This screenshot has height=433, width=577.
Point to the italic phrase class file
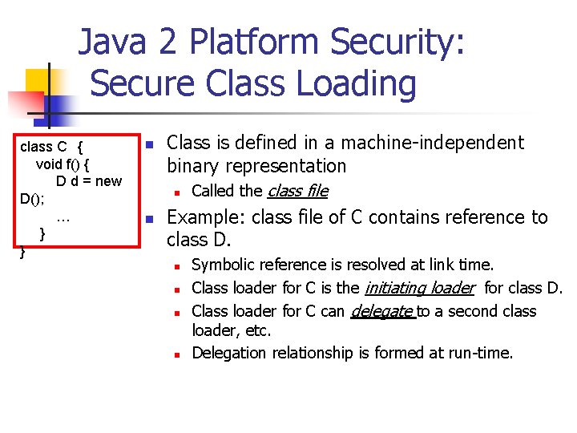click(297, 191)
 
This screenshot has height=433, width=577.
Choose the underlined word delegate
click(381, 310)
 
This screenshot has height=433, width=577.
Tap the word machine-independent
click(434, 143)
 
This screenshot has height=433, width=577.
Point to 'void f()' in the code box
click(57, 164)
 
